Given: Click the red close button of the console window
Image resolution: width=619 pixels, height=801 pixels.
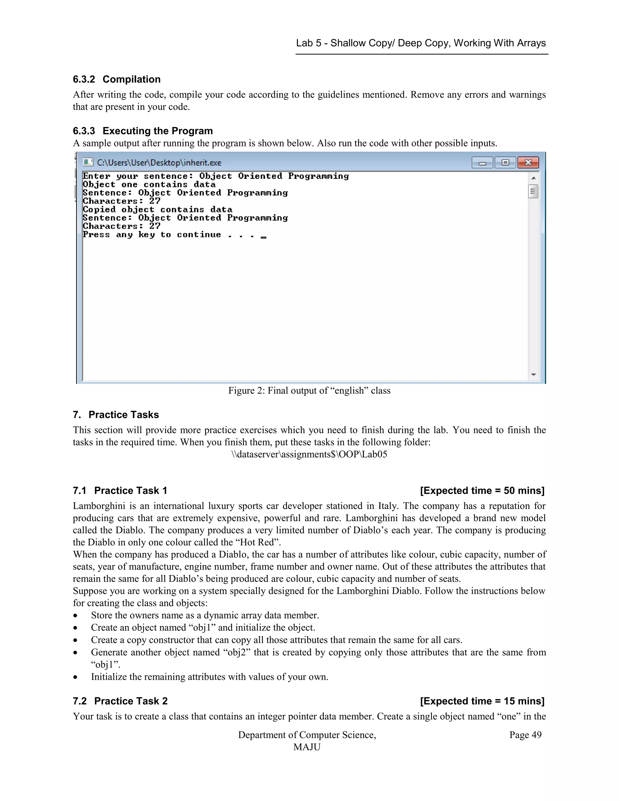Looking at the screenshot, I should point(528,163).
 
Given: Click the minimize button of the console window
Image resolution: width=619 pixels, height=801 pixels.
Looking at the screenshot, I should point(482,163).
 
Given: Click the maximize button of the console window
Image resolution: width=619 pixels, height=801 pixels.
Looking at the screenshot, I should point(505,163).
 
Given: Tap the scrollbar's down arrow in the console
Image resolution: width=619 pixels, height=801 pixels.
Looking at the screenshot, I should point(533,375).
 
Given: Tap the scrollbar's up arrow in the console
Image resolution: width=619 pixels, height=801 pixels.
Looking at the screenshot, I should point(533,178).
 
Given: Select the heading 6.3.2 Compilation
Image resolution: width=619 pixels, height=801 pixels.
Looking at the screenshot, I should point(117,79).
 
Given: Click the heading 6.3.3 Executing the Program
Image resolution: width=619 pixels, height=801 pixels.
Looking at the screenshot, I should point(143,131).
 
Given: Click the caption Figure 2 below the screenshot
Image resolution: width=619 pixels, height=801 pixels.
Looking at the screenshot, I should point(309,391).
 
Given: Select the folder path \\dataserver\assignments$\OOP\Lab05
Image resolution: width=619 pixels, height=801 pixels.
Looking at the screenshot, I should point(309,454).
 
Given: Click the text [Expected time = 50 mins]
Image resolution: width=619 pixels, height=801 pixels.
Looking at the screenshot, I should point(482,491).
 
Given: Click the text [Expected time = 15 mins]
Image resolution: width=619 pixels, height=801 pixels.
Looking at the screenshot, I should point(482,701).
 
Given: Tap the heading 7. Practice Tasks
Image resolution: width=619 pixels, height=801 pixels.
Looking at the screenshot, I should point(116,415).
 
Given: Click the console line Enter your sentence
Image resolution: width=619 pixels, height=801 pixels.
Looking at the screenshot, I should point(216,176).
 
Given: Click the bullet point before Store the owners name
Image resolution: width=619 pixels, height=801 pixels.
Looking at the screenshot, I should point(75,616).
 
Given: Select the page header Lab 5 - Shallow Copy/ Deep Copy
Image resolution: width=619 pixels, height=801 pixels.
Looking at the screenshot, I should point(421,43).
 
